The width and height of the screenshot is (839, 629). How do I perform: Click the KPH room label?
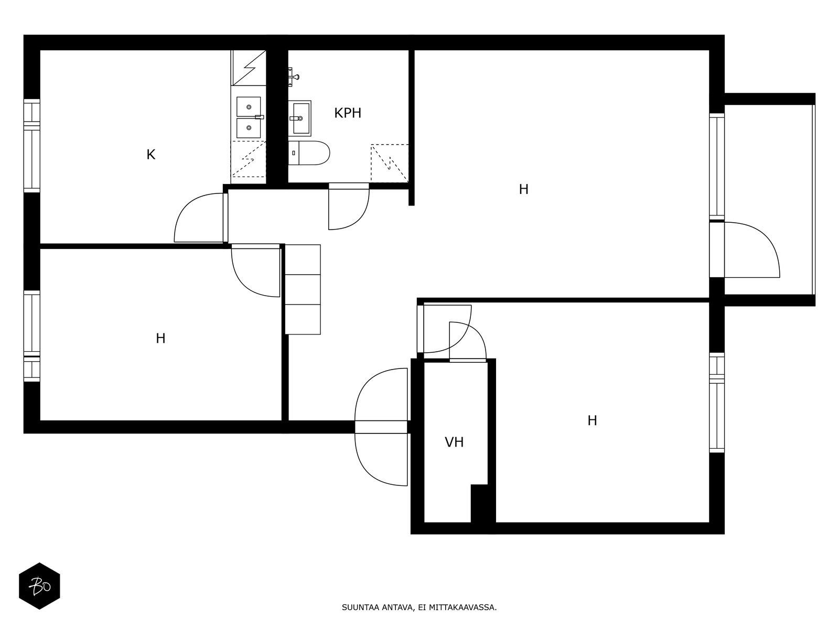348,113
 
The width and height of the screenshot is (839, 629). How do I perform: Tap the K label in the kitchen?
151,155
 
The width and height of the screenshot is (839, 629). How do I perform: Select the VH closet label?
454,442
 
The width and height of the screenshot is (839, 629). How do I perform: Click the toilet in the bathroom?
309,153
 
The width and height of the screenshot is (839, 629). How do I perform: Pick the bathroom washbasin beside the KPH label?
299,118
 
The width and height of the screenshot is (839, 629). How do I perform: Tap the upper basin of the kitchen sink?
249,106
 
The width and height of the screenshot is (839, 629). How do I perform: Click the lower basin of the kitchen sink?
249,128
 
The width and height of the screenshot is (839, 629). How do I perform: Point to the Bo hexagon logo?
39,586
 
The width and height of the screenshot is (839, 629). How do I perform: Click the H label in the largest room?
524,189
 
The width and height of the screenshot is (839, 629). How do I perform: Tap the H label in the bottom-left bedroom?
160,339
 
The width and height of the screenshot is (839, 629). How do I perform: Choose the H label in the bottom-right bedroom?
592,420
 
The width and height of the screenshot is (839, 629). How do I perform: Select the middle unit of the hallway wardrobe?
303,289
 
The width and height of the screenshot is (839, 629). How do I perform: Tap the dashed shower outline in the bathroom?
390,163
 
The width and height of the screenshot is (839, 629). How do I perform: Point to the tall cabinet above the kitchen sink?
249,68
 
